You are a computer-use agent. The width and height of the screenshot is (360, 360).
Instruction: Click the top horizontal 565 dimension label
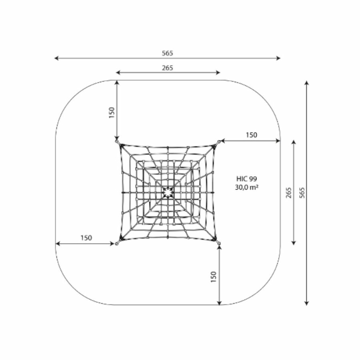pos(167,53)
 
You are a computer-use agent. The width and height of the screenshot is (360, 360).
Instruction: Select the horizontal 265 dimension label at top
pos(167,68)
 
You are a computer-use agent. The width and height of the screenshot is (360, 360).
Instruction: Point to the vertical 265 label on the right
pos(289,193)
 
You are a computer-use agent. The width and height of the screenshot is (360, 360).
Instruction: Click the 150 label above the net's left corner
pos(112,112)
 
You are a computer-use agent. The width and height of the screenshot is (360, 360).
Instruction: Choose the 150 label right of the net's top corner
pos(252,135)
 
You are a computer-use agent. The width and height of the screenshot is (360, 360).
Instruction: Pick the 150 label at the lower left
pos(86,238)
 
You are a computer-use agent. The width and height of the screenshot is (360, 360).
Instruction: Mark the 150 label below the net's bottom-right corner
pos(214,277)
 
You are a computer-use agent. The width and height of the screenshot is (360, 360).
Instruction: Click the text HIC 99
pos(247,179)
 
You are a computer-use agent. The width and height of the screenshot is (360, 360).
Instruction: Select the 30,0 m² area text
pos(247,187)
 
